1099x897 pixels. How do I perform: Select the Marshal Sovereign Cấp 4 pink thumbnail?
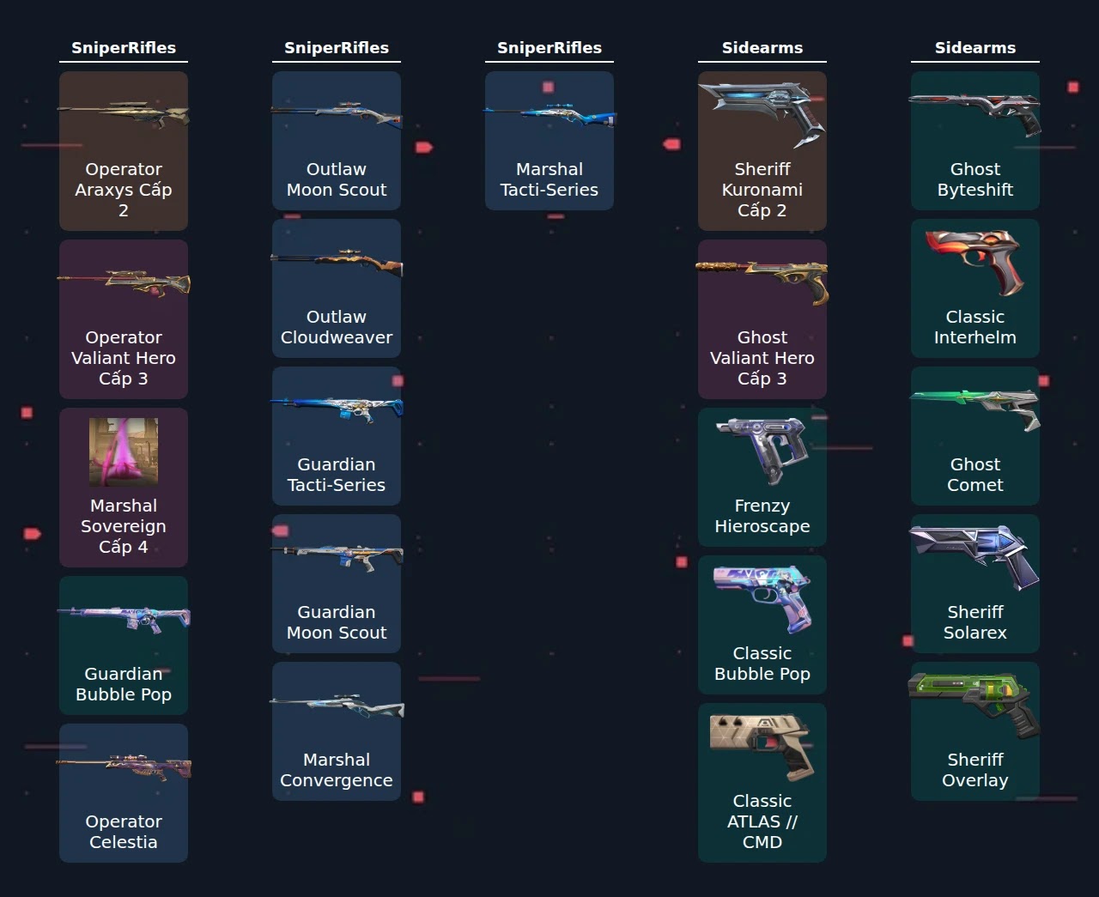point(124,452)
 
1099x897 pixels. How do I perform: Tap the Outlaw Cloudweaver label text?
point(336,327)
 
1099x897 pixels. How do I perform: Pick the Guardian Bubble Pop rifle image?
point(124,619)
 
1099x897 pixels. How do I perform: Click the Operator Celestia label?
point(124,832)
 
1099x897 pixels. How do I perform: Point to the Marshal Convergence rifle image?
point(337,706)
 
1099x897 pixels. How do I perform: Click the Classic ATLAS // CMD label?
point(762,821)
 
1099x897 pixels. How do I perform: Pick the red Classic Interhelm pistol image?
point(975,263)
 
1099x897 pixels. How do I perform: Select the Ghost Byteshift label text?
point(975,179)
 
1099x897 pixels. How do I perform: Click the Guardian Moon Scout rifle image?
point(337,558)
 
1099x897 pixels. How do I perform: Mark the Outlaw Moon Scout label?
point(336,179)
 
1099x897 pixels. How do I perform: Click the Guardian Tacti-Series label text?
point(336,475)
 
